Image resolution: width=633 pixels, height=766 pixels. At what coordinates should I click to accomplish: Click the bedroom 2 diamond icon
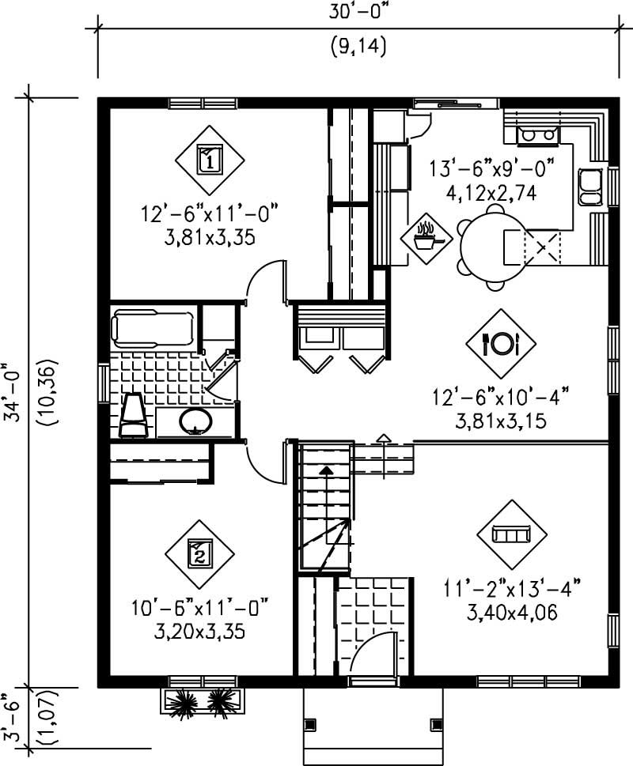click(x=199, y=553)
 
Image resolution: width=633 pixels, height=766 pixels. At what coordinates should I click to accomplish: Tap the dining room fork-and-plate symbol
click(x=500, y=343)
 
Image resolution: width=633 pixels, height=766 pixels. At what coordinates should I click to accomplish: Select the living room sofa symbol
click(x=512, y=535)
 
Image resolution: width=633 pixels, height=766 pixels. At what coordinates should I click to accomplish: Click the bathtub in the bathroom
click(x=154, y=328)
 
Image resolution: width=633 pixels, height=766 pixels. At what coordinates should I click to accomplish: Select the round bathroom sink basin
click(x=195, y=421)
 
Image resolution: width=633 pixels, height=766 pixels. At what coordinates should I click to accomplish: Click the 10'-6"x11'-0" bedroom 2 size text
click(x=200, y=609)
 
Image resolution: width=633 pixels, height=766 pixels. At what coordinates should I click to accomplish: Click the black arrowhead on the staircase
click(x=325, y=470)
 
